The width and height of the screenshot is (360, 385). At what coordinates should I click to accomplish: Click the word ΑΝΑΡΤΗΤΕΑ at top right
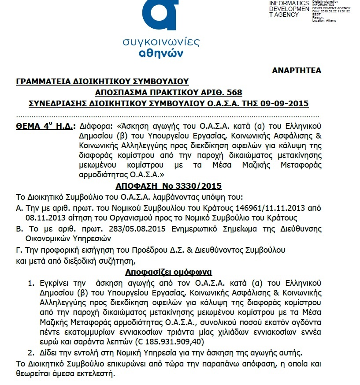[297, 71]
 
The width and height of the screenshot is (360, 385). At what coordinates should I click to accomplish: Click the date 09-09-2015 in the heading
[284, 104]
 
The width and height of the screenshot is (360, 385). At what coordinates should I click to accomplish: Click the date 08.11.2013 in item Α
[44, 217]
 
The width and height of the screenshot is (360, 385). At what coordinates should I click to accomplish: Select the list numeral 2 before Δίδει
[31, 352]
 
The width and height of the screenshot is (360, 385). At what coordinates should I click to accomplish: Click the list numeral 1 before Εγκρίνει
[31, 283]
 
